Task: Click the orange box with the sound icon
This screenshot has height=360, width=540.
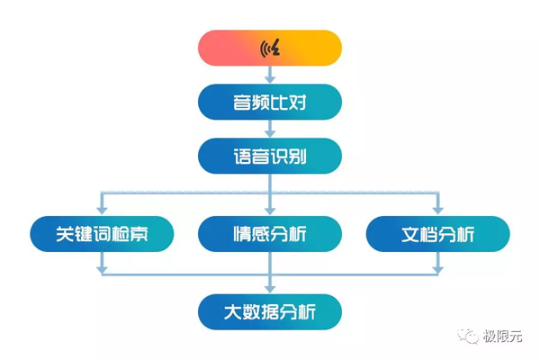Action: [270, 48]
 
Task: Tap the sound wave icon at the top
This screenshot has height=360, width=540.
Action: [270, 48]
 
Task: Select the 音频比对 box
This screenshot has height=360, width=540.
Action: [270, 102]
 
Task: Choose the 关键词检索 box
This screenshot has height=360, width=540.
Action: [102, 234]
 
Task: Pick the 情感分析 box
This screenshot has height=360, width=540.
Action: [270, 234]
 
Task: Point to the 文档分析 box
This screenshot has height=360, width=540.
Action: [438, 234]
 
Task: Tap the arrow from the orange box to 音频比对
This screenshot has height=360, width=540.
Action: [270, 75]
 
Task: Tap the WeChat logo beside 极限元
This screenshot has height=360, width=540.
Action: [470, 337]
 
